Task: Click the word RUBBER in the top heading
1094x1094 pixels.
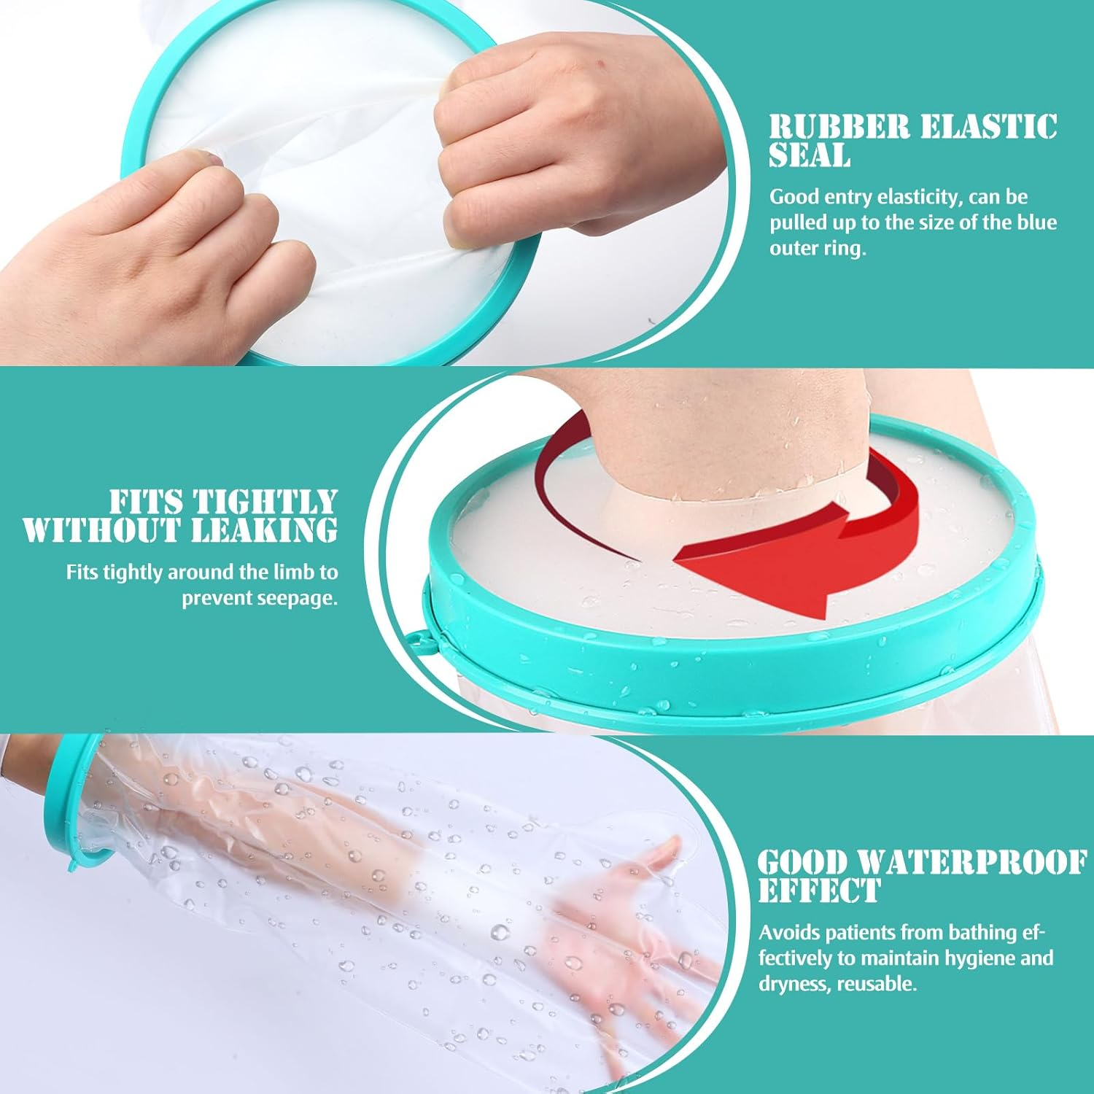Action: coord(839,128)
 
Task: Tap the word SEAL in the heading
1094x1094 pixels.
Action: coord(810,155)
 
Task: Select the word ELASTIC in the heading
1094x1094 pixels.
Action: coord(988,128)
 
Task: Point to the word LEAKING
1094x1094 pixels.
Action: coord(265,530)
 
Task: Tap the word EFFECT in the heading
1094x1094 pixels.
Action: coord(819,891)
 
